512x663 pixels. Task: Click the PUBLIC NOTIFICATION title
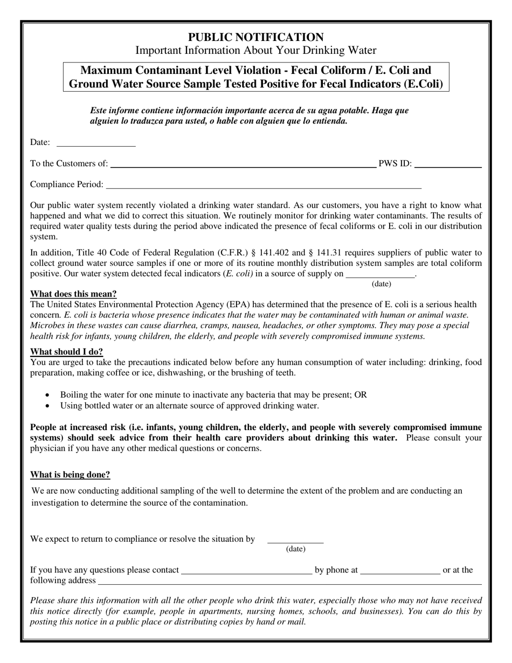tap(255, 37)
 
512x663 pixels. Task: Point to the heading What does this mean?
tap(73, 294)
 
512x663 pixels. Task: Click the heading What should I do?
tap(66, 352)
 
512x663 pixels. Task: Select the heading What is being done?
tap(70, 475)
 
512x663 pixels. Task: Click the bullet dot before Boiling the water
tap(49, 395)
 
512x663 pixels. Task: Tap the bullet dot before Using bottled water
tap(49, 406)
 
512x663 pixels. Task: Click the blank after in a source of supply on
tap(380, 277)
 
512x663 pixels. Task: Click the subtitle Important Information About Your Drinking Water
tap(255, 51)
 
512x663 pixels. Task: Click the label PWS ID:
tap(395, 164)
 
